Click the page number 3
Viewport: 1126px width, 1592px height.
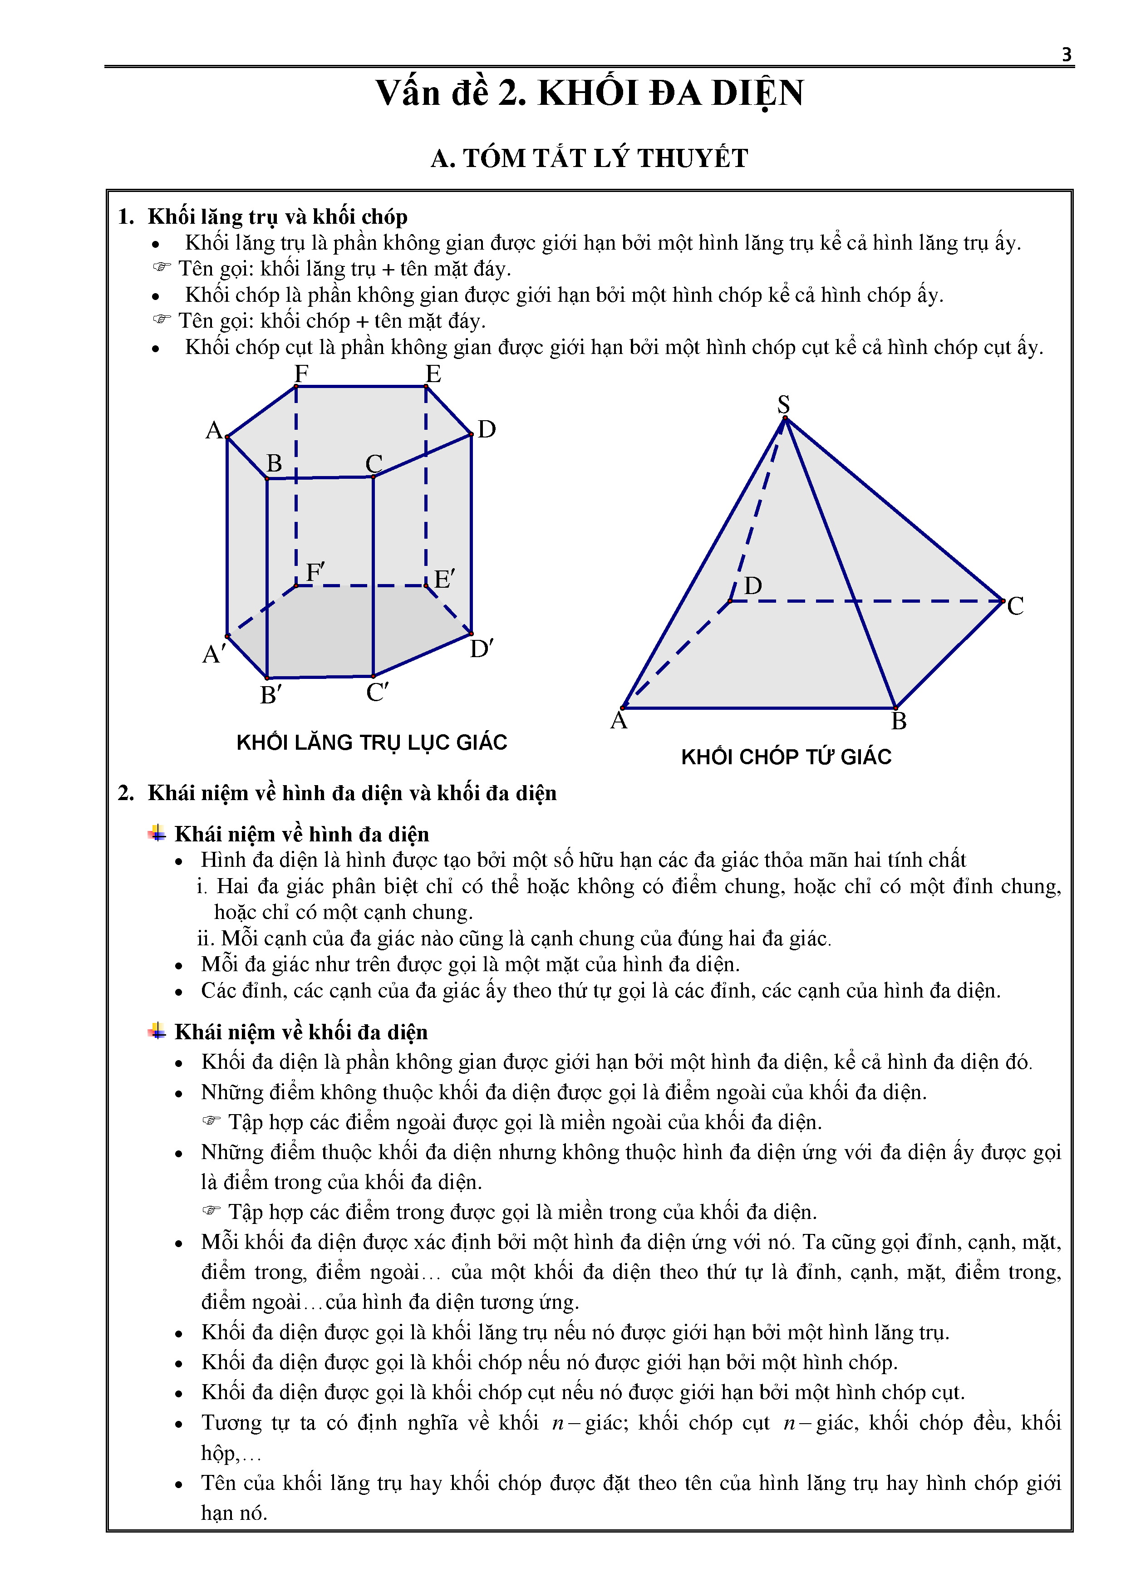click(1067, 55)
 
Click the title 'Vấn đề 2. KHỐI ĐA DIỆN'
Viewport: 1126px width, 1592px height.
click(590, 93)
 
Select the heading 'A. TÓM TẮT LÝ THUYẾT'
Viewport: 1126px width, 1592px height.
click(590, 158)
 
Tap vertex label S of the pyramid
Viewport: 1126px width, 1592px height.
click(783, 403)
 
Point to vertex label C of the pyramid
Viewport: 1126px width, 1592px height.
click(1015, 606)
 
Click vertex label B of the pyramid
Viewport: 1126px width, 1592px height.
click(899, 721)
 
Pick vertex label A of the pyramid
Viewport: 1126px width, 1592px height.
click(619, 721)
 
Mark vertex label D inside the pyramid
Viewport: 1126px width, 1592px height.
click(753, 586)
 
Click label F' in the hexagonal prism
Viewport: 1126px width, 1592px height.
click(315, 572)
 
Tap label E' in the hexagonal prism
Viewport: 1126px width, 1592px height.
click(444, 579)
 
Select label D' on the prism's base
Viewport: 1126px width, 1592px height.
click(481, 649)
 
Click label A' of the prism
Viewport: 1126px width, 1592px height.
click(214, 654)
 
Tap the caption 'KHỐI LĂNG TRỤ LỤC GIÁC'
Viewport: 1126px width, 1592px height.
click(372, 742)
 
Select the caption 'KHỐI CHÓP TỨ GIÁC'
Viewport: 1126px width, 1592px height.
click(786, 757)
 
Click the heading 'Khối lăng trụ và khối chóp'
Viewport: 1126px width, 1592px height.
click(277, 217)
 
